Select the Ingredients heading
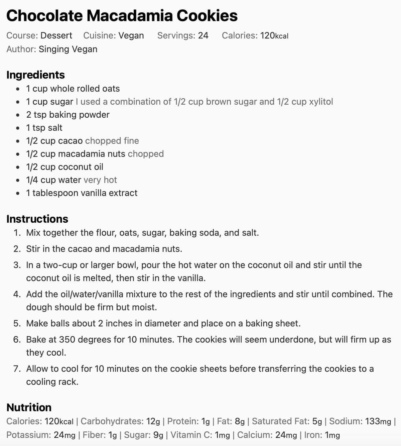coord(35,75)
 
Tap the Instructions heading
coord(37,219)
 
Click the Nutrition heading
coord(29,407)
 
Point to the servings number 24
coord(203,35)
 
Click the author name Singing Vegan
coord(68,49)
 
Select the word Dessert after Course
coord(56,35)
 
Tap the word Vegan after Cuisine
coord(131,35)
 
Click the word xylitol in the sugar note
coord(321,102)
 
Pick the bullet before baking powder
coord(18,115)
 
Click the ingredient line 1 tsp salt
coord(44,128)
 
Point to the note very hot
coord(100,180)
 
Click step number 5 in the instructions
coord(17,323)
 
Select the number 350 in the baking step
coord(67,339)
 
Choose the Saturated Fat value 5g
coord(317,421)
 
